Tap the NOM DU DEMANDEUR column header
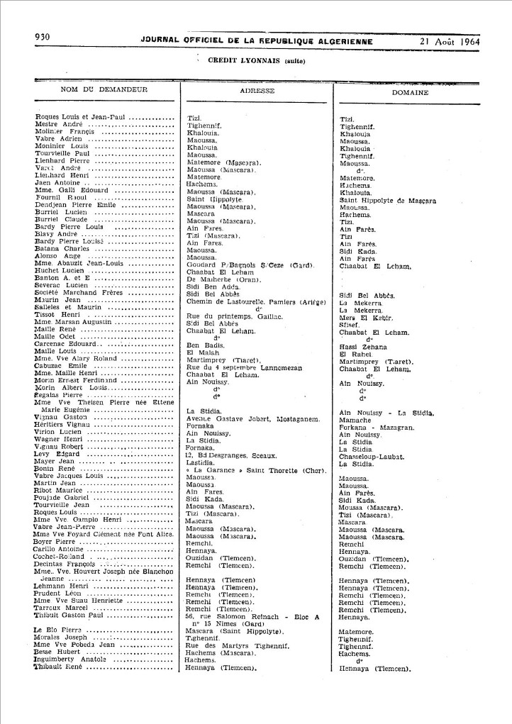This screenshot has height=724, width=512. [x=104, y=90]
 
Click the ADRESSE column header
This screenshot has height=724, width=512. [x=258, y=91]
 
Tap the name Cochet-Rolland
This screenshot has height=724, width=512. [x=64, y=558]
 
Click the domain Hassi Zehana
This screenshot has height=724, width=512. [x=363, y=346]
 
